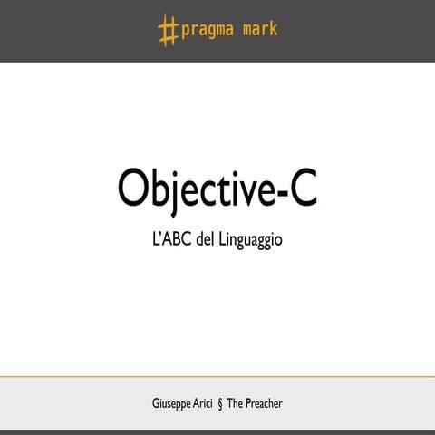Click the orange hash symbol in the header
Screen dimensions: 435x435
[x=168, y=31]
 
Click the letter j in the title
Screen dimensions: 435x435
[x=177, y=190]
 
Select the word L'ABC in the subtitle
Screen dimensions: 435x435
[x=172, y=244]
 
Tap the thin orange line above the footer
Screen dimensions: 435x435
[x=217, y=375]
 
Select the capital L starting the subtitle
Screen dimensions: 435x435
[x=156, y=244]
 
